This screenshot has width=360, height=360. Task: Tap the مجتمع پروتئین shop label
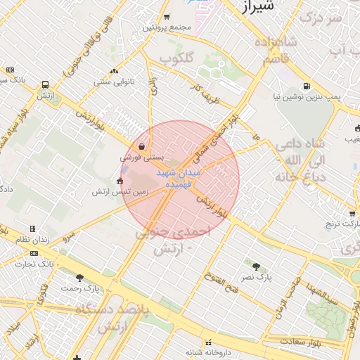coord(167,27)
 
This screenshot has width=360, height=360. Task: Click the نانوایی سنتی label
coord(114,82)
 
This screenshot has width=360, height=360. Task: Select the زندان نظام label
coord(32,240)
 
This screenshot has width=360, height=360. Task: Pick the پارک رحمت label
coord(79,288)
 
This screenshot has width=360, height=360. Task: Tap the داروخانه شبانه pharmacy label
coord(208,351)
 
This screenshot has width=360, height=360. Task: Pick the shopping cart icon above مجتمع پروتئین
coord(167,17)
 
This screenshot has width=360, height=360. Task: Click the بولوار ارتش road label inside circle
coord(212,205)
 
